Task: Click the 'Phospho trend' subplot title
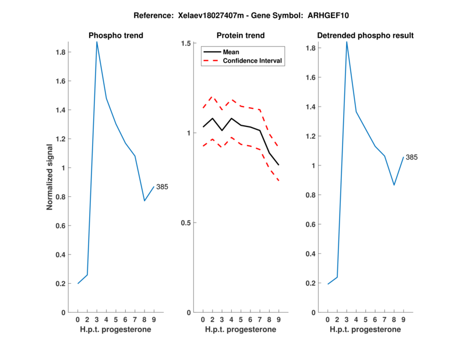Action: pos(115,36)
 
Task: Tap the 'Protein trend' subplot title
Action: pos(241,36)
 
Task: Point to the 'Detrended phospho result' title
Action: pos(365,36)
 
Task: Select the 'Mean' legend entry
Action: pos(231,52)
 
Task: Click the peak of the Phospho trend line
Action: pos(97,42)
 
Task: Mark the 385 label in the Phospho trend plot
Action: pos(162,186)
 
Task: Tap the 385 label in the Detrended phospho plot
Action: pos(412,157)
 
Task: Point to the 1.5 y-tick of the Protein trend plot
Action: pos(186,43)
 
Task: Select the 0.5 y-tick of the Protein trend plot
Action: pos(186,223)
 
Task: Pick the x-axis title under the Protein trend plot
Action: pos(241,330)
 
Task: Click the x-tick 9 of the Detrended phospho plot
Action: pos(403,319)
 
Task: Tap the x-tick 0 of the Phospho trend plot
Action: pos(78,319)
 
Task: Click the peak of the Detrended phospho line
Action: pos(347,42)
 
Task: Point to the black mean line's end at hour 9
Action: pos(278,165)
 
